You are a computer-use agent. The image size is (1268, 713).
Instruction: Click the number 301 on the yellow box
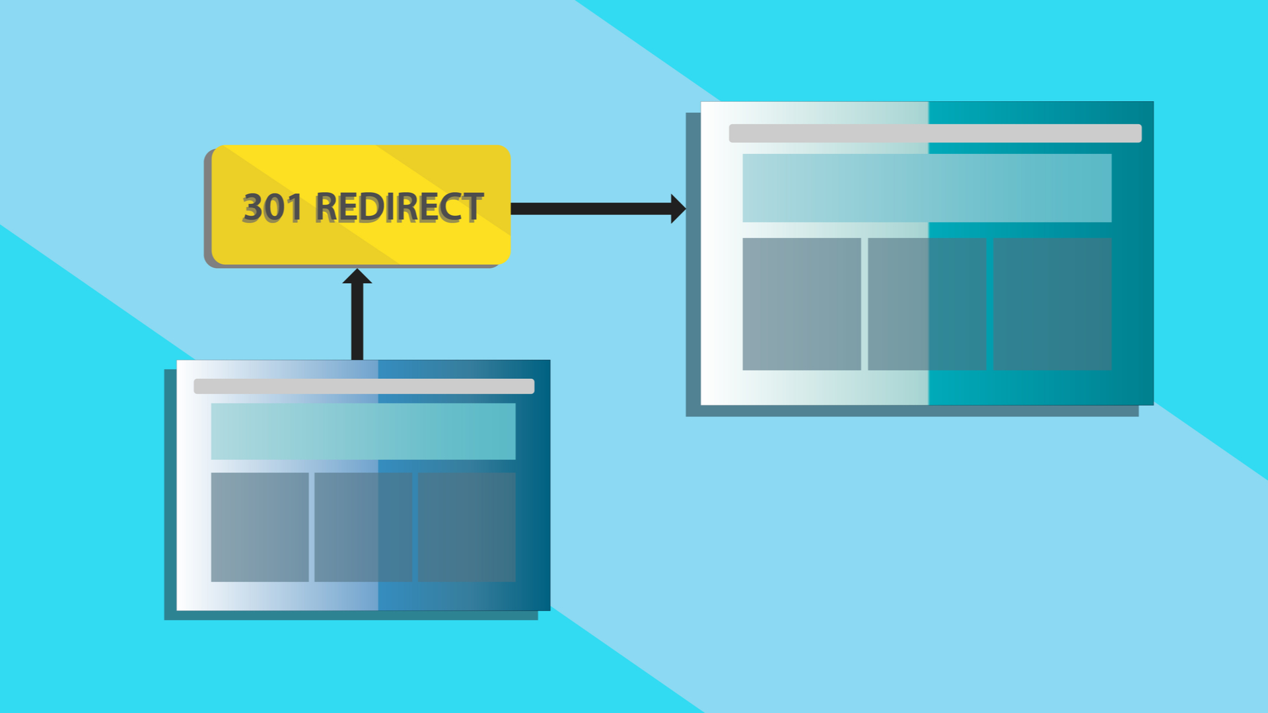click(x=271, y=207)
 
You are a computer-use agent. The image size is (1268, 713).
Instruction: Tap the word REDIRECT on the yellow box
click(x=399, y=207)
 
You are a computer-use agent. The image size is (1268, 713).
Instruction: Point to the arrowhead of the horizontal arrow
click(x=678, y=209)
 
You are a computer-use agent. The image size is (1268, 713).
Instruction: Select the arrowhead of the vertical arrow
click(x=357, y=276)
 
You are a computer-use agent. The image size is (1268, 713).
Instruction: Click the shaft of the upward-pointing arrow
click(x=357, y=322)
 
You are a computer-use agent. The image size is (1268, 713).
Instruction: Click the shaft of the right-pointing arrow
click(x=591, y=209)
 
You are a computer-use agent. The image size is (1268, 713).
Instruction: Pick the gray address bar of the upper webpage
click(x=935, y=133)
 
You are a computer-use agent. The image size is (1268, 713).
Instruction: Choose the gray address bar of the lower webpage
click(x=364, y=386)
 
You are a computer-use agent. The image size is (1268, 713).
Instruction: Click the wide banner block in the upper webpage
click(x=927, y=188)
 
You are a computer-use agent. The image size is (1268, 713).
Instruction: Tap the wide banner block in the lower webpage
click(x=363, y=431)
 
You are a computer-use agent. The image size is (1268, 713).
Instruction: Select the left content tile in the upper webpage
click(x=802, y=304)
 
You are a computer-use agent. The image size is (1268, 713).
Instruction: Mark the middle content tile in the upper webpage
click(x=927, y=304)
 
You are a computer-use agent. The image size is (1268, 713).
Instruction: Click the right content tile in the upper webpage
click(x=1053, y=304)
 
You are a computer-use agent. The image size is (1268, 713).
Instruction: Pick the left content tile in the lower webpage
click(x=260, y=527)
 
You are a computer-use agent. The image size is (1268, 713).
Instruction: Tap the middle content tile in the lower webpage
click(x=363, y=527)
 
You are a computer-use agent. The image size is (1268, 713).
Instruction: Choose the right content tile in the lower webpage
click(x=467, y=527)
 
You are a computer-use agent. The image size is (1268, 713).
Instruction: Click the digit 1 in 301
click(x=295, y=207)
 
